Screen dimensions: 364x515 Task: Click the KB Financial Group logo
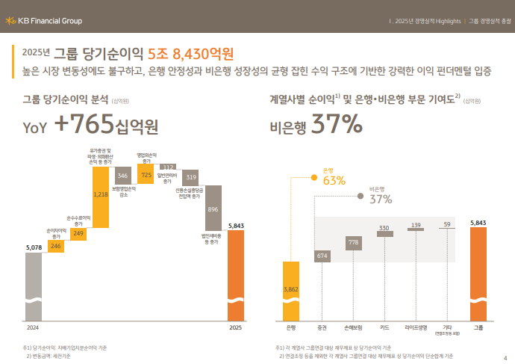[x=44, y=20]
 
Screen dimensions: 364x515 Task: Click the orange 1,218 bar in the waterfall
[x=101, y=194]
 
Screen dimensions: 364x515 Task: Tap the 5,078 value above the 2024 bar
[x=34, y=246]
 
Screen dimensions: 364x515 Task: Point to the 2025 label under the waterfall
[x=235, y=327]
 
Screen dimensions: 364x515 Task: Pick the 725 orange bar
[x=146, y=174]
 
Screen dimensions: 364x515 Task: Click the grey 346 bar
[x=123, y=176]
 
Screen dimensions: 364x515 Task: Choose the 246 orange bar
[x=56, y=245]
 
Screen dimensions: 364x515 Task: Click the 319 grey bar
[x=191, y=177]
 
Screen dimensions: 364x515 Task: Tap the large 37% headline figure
[x=337, y=125]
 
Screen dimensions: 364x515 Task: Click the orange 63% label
[x=334, y=180]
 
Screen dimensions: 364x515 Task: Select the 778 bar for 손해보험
[x=353, y=242]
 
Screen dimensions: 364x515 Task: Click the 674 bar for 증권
[x=322, y=256]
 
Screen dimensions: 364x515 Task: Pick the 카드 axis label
[x=384, y=327]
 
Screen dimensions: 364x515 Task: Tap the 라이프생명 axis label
[x=416, y=327]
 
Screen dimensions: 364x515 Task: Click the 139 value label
[x=416, y=225]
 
